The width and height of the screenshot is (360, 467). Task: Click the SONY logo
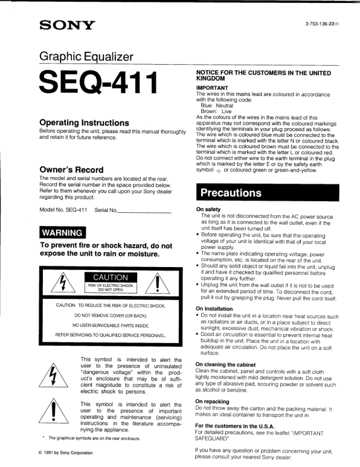click(66, 25)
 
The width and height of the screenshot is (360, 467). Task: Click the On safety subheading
click(208, 210)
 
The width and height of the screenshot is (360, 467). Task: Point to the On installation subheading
click(214, 309)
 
